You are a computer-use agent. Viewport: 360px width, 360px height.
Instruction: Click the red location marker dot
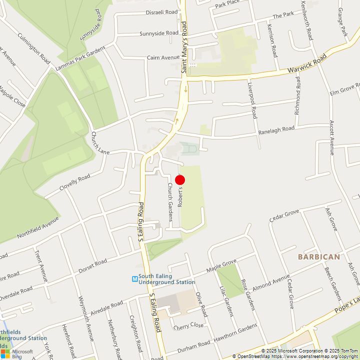[x=180, y=180]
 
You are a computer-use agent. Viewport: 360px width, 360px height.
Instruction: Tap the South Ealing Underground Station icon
[x=135, y=279]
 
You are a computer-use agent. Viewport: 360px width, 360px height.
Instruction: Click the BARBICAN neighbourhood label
[x=318, y=257]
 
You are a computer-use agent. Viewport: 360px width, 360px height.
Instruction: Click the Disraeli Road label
[x=161, y=12]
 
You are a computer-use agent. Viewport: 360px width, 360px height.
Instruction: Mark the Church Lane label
[x=100, y=142]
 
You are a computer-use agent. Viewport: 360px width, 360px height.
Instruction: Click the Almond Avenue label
[x=271, y=283]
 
